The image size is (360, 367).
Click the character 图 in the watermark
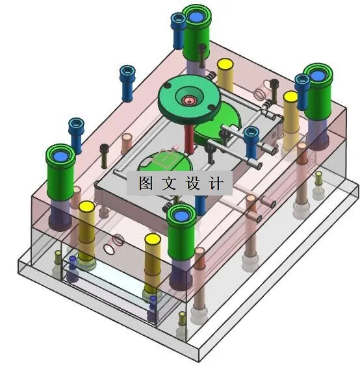(145, 183)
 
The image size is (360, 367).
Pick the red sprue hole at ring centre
(189, 100)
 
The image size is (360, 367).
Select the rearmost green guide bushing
(199, 32)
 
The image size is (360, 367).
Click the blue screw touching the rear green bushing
(178, 29)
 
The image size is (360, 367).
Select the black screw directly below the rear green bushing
(202, 55)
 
